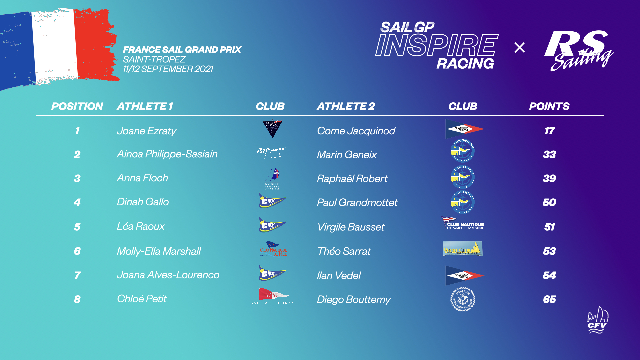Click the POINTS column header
point(549,106)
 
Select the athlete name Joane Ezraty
point(146,131)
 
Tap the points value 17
point(549,131)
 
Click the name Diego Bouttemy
point(353,299)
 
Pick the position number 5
point(77,227)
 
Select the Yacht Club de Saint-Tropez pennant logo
point(272,296)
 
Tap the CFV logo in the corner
point(597,320)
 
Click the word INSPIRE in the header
point(436,45)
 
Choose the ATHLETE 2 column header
point(346,106)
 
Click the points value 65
point(549,299)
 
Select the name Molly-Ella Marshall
point(159,251)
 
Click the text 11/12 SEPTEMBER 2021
point(168,69)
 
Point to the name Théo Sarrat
point(344,251)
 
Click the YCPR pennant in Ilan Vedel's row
point(464,275)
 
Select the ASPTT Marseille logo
point(272,153)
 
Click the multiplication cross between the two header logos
point(519,47)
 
